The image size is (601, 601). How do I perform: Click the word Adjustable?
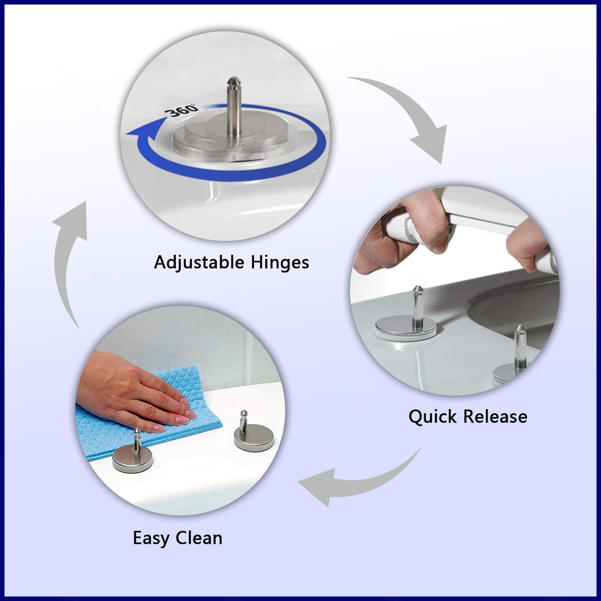click(199, 263)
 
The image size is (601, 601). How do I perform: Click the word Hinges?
click(280, 263)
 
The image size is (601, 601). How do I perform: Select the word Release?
click(495, 417)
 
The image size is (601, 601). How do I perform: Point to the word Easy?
click(151, 539)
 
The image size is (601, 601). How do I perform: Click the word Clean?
click(199, 538)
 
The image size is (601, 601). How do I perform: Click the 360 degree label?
click(181, 110)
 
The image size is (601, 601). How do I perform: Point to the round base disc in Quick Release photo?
click(405, 327)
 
